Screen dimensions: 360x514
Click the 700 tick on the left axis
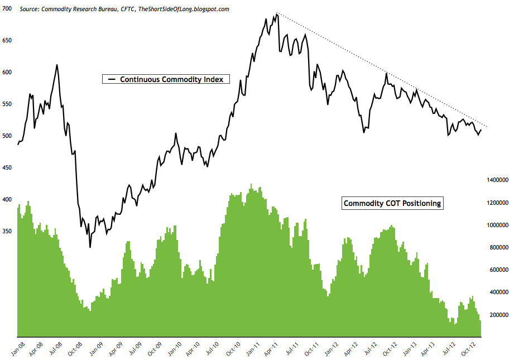point(8,9)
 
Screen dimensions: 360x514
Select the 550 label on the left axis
point(8,104)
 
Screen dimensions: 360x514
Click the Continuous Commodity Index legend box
point(165,79)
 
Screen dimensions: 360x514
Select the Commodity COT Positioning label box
point(392,203)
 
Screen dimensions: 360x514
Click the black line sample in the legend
point(111,79)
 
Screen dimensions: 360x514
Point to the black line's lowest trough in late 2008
point(90,247)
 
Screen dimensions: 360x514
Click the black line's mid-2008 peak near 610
point(57,65)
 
